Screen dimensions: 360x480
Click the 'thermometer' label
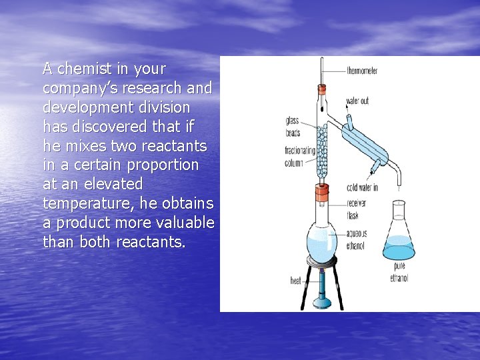coord(362,71)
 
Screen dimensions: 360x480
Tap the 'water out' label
coord(357,101)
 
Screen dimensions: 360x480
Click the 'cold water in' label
coord(362,187)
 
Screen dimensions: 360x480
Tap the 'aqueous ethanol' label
coord(356,239)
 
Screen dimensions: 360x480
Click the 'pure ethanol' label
coord(399,273)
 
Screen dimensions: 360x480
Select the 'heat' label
coord(295,280)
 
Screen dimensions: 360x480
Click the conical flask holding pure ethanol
coord(399,240)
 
